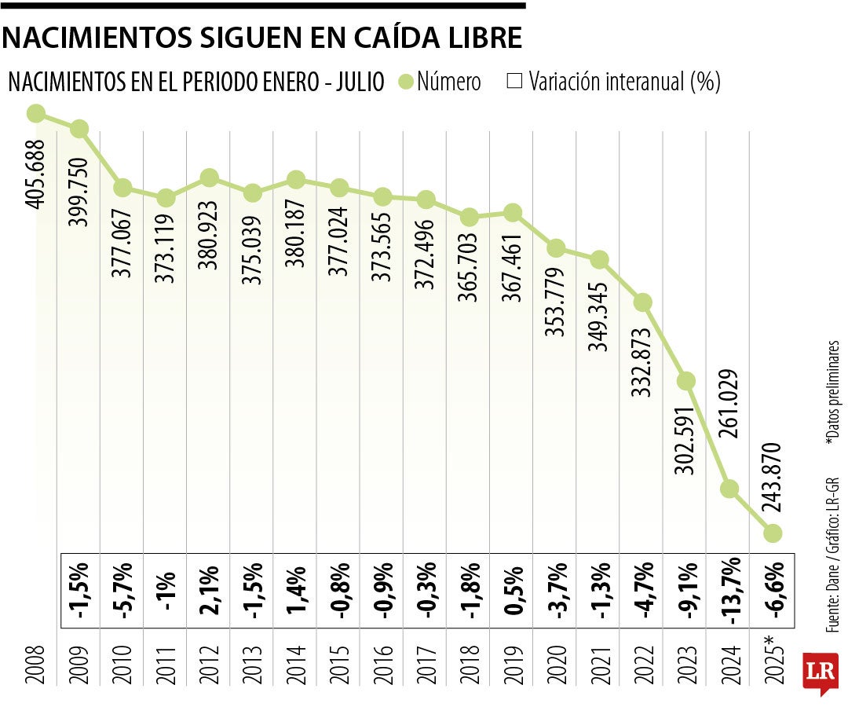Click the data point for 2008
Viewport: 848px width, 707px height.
(x=35, y=114)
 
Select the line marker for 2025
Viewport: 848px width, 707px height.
(x=773, y=533)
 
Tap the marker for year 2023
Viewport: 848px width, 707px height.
(x=686, y=381)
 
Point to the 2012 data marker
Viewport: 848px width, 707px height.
(x=209, y=178)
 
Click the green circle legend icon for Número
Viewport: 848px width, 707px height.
(x=406, y=82)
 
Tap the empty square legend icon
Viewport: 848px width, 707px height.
(x=515, y=82)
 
